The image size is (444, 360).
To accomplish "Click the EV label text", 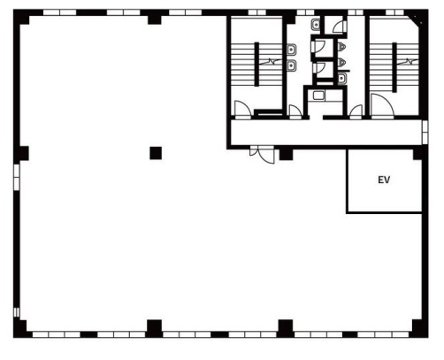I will [384, 180].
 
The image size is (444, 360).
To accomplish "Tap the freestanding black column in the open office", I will [156, 152].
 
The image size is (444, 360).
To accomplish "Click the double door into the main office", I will [259, 153].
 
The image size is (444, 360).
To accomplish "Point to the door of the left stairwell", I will [241, 108].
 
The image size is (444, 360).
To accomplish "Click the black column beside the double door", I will [285, 155].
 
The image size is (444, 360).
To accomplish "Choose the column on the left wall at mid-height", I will [21, 153].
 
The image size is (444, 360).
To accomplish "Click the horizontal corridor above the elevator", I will [327, 134].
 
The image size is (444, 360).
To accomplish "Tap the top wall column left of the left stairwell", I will [156, 17].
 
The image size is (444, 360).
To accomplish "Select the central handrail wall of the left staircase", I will [257, 66].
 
